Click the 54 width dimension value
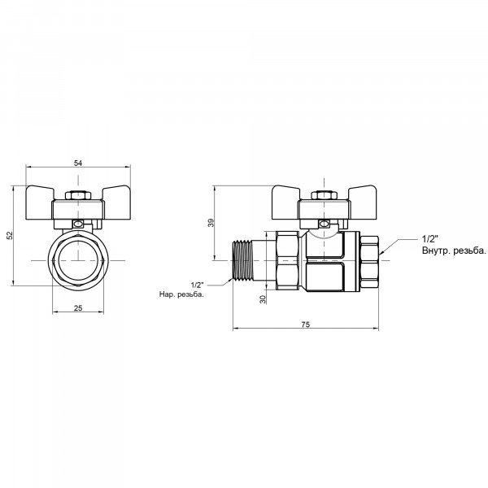point(78,163)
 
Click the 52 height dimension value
point(11,235)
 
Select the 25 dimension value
point(78,307)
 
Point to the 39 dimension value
point(211,223)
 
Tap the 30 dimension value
point(263,299)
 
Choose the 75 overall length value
point(306,325)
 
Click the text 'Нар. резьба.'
point(181,294)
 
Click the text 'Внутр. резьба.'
point(454,251)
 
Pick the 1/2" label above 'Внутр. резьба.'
point(429,239)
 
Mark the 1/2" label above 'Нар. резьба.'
point(197,285)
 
